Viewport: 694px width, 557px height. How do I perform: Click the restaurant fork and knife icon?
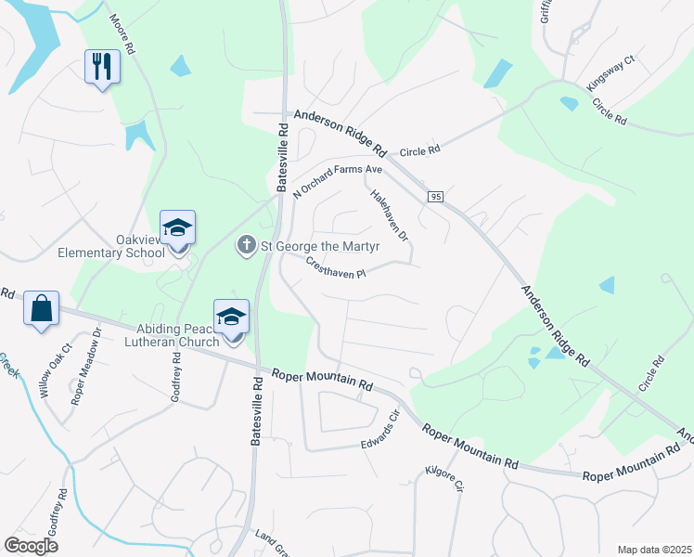pyautogui.click(x=102, y=67)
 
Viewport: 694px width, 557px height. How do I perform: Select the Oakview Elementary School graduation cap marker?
pyautogui.click(x=178, y=227)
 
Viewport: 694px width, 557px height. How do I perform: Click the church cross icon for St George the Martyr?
pyautogui.click(x=246, y=245)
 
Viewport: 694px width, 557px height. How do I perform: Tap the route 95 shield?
pyautogui.click(x=434, y=196)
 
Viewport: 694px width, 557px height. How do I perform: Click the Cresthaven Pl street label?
pyautogui.click(x=338, y=267)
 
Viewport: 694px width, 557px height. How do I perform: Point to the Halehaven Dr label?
pyautogui.click(x=390, y=216)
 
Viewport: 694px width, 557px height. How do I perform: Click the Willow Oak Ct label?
pyautogui.click(x=52, y=371)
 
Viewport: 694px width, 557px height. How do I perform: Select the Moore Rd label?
pyautogui.click(x=122, y=33)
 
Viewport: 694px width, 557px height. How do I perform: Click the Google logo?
pyautogui.click(x=31, y=546)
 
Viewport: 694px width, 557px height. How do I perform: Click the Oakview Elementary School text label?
pyautogui.click(x=111, y=245)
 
